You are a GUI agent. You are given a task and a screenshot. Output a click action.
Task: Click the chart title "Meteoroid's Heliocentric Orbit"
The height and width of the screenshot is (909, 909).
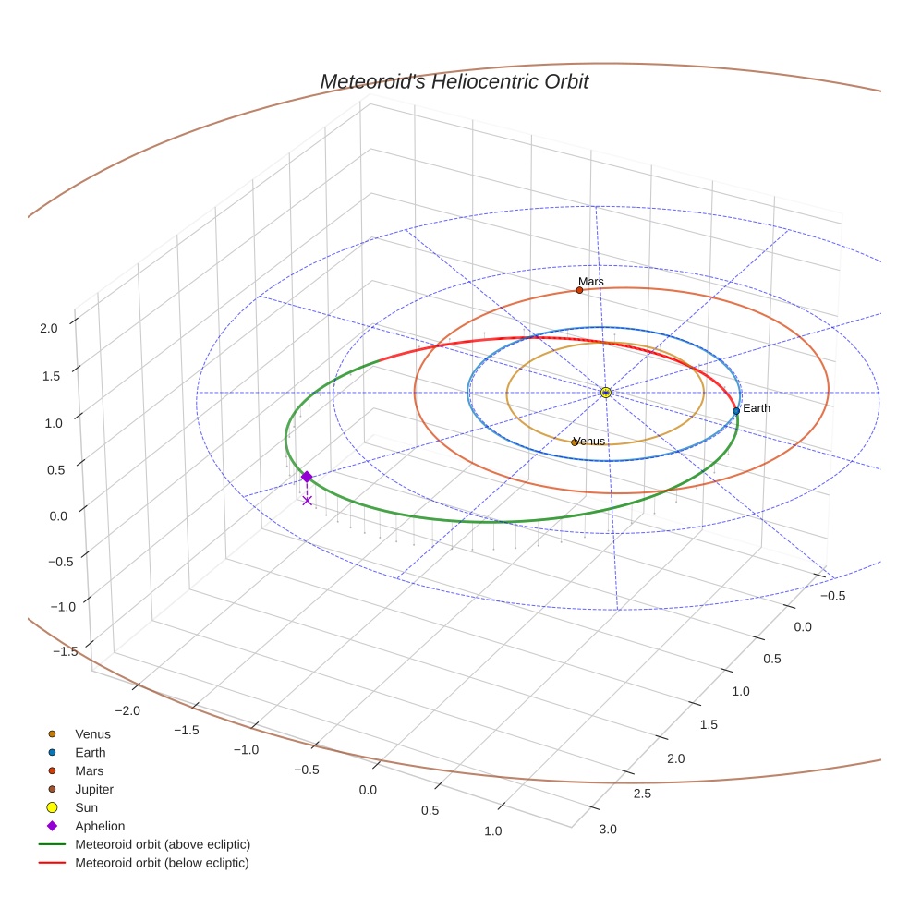pos(454,81)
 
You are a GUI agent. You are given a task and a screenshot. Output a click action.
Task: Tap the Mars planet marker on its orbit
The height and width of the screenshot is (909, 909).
pos(579,290)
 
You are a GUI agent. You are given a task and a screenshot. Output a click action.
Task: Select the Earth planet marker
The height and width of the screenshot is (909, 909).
pos(736,410)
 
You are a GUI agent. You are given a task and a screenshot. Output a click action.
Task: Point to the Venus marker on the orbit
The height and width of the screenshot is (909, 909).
pos(574,442)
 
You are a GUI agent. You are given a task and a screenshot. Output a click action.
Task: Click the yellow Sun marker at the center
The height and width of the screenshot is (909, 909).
pos(606,393)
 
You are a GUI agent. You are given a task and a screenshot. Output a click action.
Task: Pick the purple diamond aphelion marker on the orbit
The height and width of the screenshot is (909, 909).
pos(307,477)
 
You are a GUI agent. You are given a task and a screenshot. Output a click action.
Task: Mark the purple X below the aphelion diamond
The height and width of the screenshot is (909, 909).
pos(307,501)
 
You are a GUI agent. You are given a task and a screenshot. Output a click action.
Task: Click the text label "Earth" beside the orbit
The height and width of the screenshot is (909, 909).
pos(757,408)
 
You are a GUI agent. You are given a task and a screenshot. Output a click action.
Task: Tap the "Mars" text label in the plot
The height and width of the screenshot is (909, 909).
pos(591,281)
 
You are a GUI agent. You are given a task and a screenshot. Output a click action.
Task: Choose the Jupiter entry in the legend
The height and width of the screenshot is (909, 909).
pos(94,789)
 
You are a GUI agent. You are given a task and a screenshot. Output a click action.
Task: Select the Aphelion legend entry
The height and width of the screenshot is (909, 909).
pos(100,826)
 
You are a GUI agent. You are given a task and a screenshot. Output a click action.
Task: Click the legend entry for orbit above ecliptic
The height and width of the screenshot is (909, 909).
pos(163,844)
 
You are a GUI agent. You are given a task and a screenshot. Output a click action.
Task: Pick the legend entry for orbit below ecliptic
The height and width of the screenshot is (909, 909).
pos(162,863)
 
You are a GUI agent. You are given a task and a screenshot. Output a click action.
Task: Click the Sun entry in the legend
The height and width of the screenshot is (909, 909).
pos(86,807)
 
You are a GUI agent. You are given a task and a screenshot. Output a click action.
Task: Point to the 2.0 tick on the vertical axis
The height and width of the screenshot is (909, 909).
pos(50,327)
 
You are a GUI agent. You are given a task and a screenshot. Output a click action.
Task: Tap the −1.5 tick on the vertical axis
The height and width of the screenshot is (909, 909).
pos(64,651)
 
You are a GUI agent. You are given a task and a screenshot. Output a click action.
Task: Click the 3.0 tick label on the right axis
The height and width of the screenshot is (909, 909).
pos(608,829)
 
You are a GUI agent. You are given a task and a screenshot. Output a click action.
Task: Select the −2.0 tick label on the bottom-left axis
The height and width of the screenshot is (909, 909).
pos(127,710)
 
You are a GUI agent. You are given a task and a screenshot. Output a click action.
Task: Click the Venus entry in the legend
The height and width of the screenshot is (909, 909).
pos(92,734)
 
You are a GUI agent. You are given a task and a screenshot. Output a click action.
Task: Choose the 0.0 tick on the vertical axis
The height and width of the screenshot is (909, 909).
pos(58,515)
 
